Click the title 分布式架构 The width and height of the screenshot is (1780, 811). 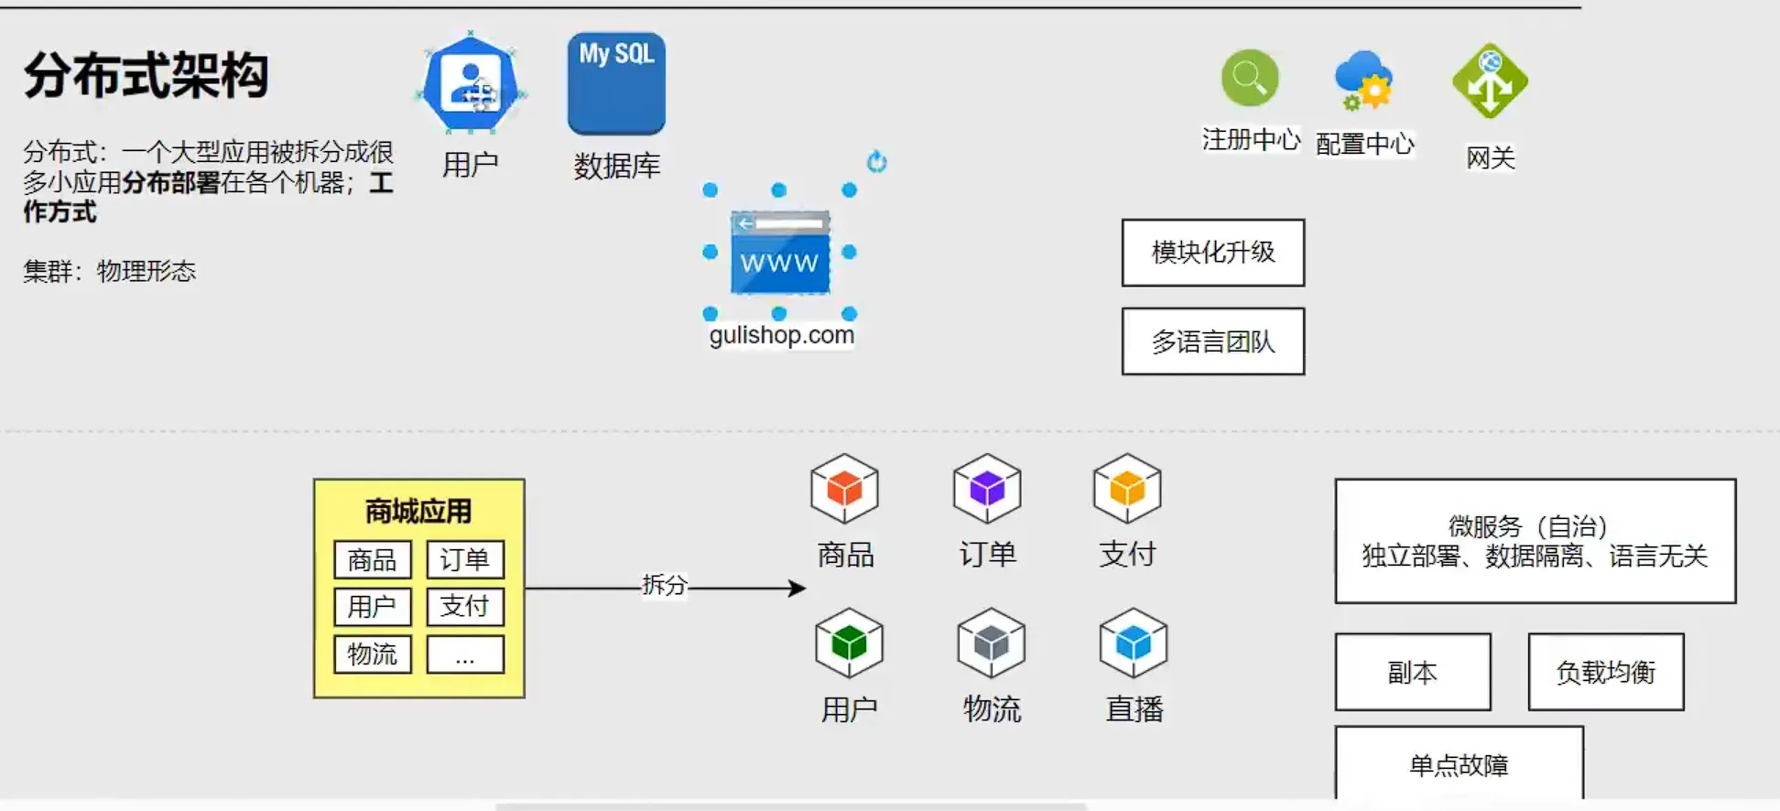(147, 75)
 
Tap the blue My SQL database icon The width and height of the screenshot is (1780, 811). (616, 83)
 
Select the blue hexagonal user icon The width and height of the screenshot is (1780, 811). (471, 83)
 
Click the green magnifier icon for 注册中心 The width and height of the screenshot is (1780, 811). (1250, 78)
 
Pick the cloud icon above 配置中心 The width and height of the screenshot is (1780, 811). (1363, 80)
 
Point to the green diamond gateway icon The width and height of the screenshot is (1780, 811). (1490, 81)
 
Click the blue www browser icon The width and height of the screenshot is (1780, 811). (780, 253)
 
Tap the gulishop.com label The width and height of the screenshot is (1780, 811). (781, 335)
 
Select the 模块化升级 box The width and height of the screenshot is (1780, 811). (1213, 253)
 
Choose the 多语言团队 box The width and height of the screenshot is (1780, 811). (1213, 341)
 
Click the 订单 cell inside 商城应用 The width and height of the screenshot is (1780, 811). (465, 559)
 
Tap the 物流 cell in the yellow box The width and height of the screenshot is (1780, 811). (373, 654)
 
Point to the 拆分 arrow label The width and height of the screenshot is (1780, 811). (665, 585)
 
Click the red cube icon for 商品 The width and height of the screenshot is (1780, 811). (844, 489)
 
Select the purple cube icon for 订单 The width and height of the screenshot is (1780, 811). (987, 489)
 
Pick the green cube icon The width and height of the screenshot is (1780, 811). (849, 643)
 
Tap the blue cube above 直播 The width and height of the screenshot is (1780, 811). (1134, 643)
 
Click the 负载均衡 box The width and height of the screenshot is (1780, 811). (1606, 672)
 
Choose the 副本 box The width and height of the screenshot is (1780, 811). (1413, 672)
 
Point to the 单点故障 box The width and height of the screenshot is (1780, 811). (1460, 763)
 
